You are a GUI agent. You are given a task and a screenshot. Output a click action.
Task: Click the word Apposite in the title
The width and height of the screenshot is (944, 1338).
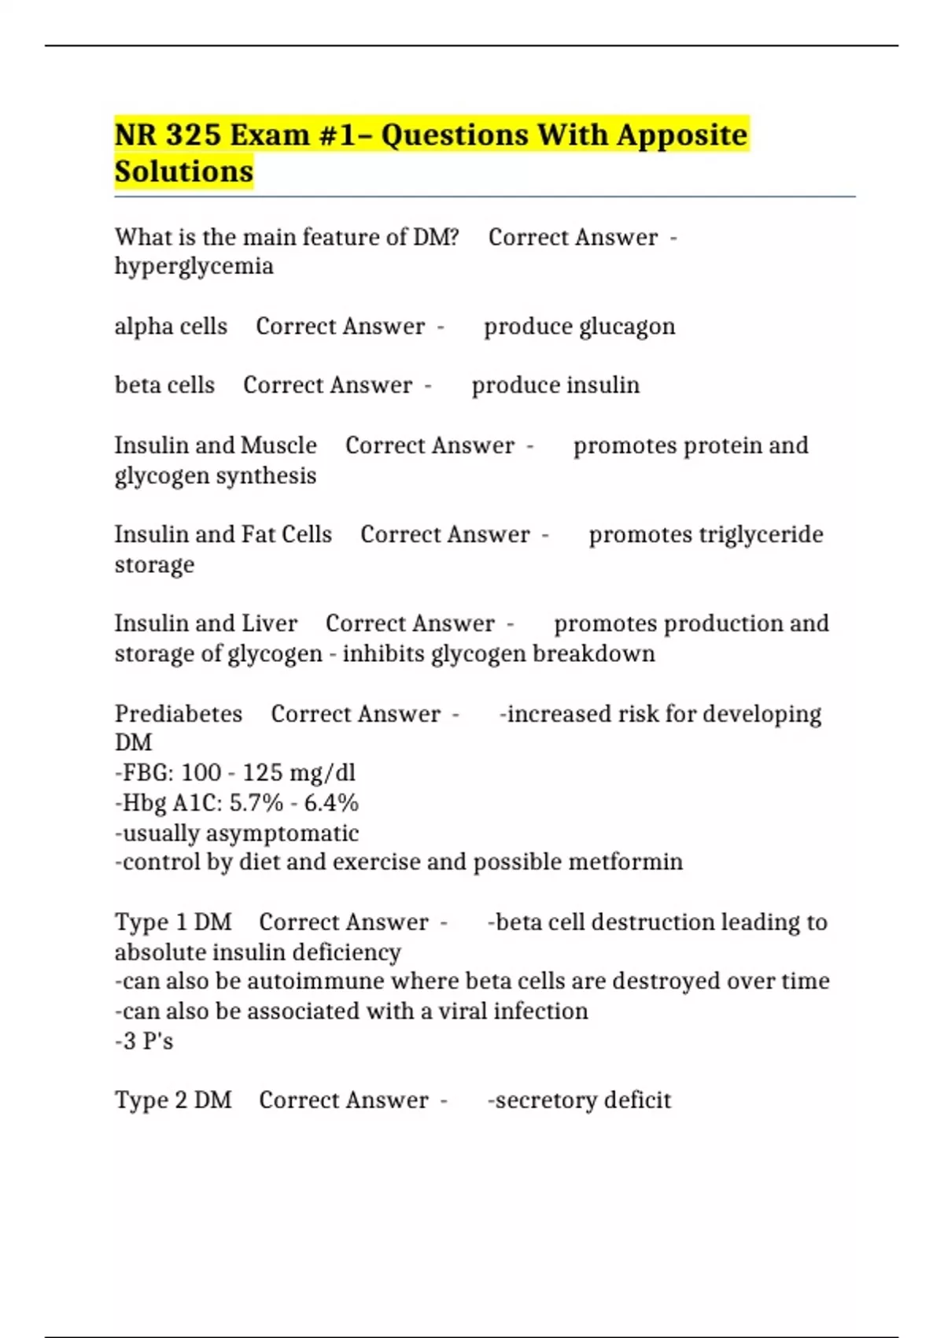tap(681, 135)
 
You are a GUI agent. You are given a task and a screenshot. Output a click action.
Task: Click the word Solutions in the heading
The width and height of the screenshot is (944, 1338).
tap(184, 172)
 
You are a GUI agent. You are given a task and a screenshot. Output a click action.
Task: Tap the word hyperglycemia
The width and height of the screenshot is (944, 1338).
tap(194, 267)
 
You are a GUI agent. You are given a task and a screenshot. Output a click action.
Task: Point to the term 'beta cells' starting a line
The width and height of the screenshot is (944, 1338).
tap(164, 386)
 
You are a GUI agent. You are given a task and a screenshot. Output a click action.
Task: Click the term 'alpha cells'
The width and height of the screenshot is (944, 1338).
tap(171, 327)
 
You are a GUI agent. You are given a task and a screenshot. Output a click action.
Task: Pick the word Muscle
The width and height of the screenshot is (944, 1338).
tap(278, 445)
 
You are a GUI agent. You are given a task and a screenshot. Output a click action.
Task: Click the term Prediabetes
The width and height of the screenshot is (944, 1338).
tap(179, 714)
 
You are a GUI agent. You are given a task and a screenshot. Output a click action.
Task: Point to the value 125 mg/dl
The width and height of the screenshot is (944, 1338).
tap(299, 773)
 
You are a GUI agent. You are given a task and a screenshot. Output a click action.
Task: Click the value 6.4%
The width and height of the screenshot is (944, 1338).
tap(331, 803)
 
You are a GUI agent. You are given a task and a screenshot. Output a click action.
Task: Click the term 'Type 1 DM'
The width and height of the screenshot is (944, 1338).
tap(173, 922)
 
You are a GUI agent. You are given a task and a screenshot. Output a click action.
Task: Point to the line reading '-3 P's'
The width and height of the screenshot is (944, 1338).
tap(144, 1041)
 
